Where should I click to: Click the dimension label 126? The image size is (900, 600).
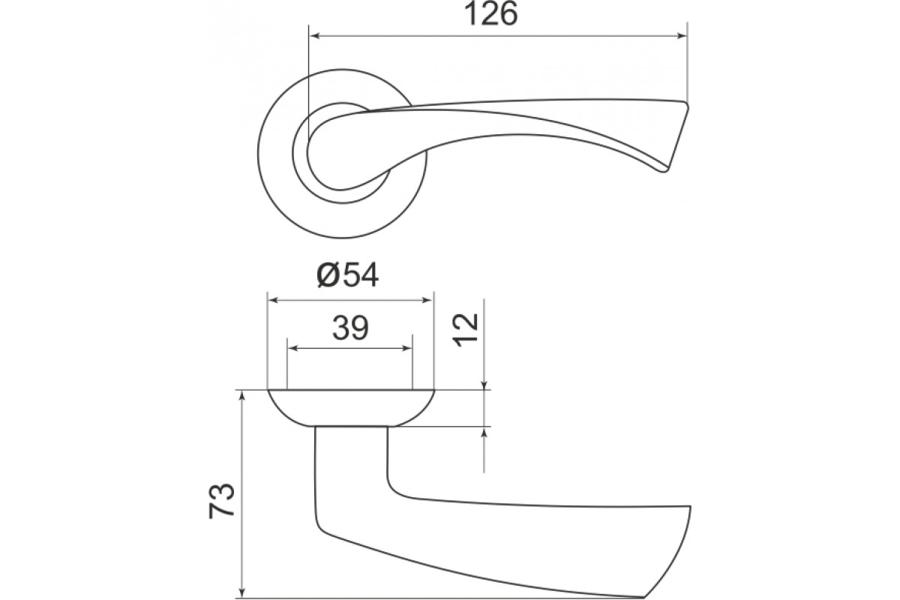pos(490,14)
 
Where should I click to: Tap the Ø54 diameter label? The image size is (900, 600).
pos(348,276)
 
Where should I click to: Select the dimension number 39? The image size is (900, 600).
pos(350,328)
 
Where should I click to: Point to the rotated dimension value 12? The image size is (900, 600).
pos(465,329)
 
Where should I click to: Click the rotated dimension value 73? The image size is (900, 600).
pos(221,500)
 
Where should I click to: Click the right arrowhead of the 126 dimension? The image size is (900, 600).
pos(682,36)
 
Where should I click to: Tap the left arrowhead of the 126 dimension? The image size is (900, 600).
pos(313,36)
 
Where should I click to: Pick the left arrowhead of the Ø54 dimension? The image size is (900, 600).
pos(273,300)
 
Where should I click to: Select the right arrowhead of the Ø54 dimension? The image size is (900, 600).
pos(427,300)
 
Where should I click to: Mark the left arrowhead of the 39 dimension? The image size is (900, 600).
pos(293,348)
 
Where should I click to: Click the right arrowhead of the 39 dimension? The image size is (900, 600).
pos(407,348)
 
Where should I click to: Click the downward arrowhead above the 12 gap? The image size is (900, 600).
pos(484,385)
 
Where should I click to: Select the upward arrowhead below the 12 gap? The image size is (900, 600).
pos(484,432)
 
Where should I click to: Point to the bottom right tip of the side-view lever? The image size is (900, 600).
pos(643,597)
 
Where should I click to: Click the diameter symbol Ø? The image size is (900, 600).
pos(327,276)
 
